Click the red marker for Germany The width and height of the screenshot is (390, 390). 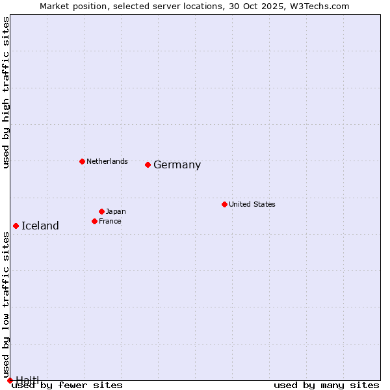point(148,164)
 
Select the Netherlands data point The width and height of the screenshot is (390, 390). point(82,161)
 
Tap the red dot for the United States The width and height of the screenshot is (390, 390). point(224,204)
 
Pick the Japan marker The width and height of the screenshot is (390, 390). point(101,211)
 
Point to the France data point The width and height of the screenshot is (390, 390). point(94,221)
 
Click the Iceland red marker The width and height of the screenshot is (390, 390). point(16,226)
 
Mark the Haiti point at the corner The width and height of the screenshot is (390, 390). point(10,380)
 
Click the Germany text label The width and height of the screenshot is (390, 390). point(177,165)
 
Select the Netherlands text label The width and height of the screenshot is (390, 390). point(107,161)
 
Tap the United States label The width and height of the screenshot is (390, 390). point(252,204)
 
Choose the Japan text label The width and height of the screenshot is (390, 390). point(116,211)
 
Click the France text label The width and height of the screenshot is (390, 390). point(110,221)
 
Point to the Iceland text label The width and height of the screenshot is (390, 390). point(40,226)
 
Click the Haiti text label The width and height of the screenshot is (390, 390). point(27,380)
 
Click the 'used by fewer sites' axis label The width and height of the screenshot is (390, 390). point(68,385)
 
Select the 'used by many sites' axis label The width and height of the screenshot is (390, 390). point(326,385)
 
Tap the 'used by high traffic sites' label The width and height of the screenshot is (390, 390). point(6,92)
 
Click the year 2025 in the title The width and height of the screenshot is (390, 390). point(268,6)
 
